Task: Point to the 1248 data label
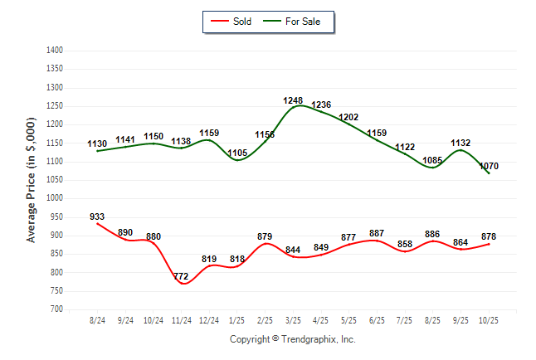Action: coord(294,100)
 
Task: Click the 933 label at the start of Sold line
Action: coord(98,216)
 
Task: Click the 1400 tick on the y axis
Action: coord(54,51)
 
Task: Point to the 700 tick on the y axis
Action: coord(56,309)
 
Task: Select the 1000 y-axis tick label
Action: coord(54,198)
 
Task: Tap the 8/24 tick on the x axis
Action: coord(98,320)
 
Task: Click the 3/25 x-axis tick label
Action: coord(293,320)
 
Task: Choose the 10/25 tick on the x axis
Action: coord(489,320)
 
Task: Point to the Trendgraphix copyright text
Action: coord(292,339)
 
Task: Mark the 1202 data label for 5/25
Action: coord(349,117)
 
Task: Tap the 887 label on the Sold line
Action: coord(377,233)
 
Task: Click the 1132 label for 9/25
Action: coord(460,143)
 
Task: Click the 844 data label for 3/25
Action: coord(293,250)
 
